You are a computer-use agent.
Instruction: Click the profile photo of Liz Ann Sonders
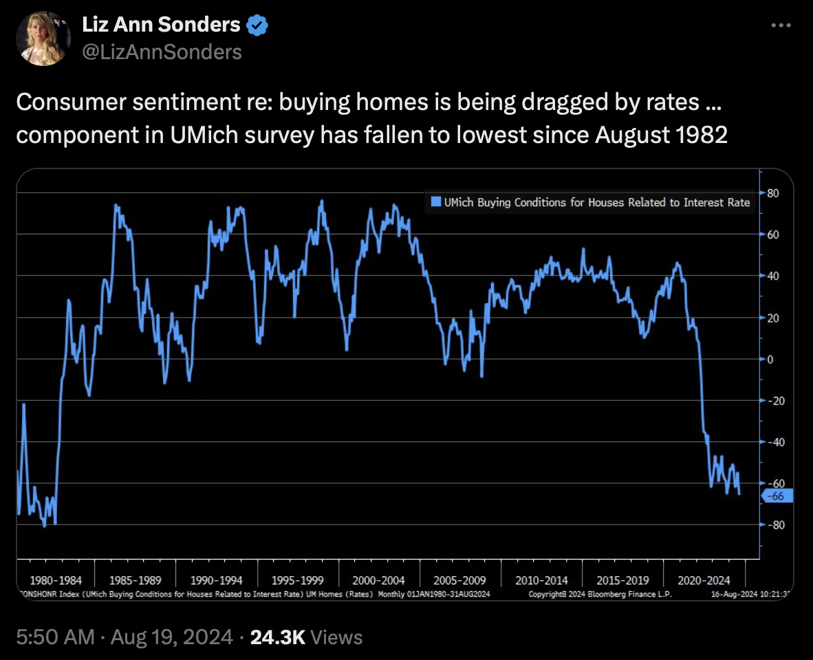[43, 39]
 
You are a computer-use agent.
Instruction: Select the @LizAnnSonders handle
[162, 52]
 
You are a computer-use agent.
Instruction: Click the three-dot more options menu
[781, 26]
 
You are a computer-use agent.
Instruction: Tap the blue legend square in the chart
[435, 202]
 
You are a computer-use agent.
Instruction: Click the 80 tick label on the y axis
[772, 192]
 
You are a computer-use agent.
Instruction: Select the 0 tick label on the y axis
[771, 359]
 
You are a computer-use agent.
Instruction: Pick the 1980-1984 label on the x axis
[52, 580]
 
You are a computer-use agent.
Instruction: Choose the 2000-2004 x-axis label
[378, 580]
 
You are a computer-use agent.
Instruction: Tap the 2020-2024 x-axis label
[704, 580]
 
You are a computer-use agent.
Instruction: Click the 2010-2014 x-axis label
[541, 580]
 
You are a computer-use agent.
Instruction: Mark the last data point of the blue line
[739, 494]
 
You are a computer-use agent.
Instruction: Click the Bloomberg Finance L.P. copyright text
[600, 594]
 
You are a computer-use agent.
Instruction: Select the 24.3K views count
[278, 637]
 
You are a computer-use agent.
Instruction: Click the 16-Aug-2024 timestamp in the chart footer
[750, 594]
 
